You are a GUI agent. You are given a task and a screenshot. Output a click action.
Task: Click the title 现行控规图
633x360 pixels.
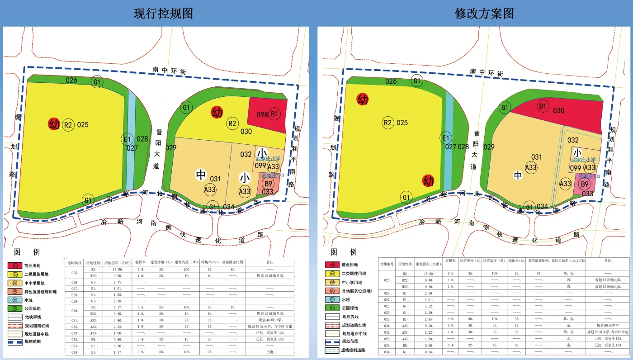pyautogui.click(x=164, y=14)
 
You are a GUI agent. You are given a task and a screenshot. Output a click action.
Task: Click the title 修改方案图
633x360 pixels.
pyautogui.click(x=484, y=14)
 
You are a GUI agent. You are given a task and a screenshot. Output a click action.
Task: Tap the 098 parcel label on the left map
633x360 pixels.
pyautogui.click(x=262, y=114)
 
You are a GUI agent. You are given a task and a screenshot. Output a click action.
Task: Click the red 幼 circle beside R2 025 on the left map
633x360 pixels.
pyautogui.click(x=54, y=124)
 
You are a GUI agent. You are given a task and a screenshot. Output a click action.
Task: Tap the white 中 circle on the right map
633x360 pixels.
pyautogui.click(x=518, y=175)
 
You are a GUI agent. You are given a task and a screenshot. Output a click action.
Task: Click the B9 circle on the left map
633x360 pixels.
pyautogui.click(x=268, y=184)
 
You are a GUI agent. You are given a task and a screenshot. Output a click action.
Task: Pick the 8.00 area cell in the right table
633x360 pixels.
pyautogui.click(x=426, y=326)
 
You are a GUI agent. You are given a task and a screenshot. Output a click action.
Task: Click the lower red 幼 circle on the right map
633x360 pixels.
pyautogui.click(x=428, y=181)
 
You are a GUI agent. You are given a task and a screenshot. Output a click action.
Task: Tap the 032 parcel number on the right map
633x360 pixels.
pyautogui.click(x=573, y=141)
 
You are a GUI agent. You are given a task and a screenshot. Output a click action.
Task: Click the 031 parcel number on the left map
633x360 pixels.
pyautogui.click(x=215, y=179)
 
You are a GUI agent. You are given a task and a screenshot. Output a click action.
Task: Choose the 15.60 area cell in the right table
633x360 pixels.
pyautogui.click(x=426, y=274)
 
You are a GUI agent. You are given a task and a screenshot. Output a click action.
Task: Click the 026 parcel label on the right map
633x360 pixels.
pyautogui.click(x=391, y=81)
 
